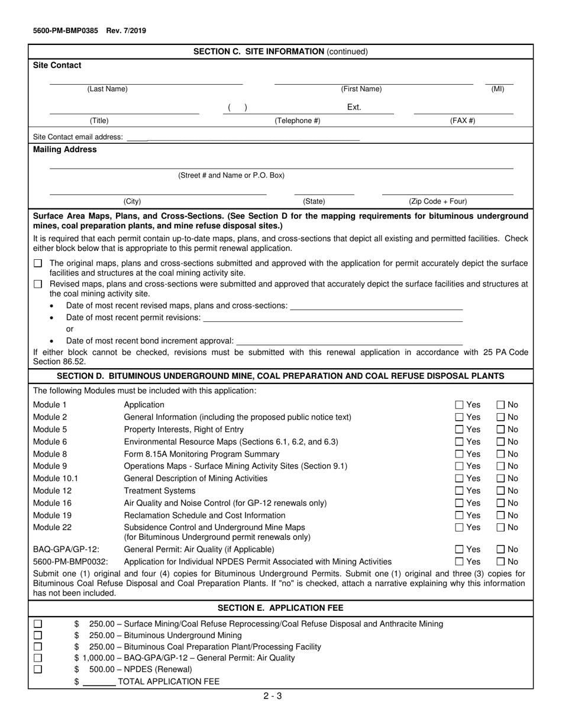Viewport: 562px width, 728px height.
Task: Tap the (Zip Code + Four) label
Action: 438,201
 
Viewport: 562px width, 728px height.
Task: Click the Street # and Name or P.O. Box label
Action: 231,176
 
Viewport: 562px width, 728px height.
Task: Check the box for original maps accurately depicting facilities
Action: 38,263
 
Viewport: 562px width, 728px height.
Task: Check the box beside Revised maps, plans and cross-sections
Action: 38,284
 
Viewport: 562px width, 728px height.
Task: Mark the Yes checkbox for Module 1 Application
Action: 460,405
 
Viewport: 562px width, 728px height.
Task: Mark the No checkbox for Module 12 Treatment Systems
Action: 500,491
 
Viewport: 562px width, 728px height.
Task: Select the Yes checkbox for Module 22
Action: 460,527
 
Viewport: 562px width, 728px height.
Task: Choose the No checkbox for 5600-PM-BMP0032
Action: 500,561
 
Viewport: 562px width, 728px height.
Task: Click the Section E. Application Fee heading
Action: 280,608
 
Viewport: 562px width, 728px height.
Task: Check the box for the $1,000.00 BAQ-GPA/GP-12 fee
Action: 38,658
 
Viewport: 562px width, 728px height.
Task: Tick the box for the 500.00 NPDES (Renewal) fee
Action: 38,669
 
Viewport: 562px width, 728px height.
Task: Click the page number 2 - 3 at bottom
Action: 273,696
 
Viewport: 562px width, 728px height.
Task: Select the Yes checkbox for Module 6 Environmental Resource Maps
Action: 460,442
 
